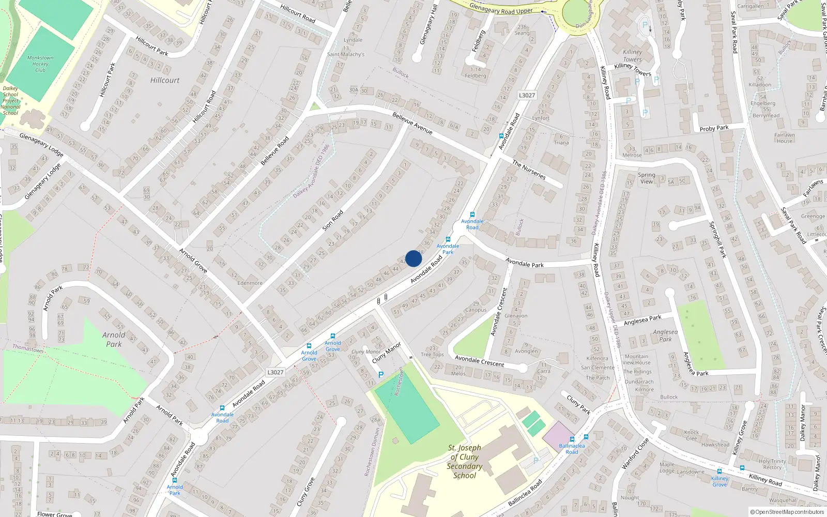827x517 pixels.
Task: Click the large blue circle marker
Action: pos(413,258)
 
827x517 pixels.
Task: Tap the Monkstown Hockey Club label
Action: pos(40,64)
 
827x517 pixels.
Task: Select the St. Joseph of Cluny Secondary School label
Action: pos(464,461)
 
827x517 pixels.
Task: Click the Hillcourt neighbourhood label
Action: pos(165,80)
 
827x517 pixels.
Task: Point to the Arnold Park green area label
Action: pos(114,339)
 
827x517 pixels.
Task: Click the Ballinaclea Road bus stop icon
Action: pos(572,438)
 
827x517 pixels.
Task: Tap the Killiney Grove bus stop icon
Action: pos(719,471)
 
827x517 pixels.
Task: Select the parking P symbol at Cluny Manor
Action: pos(381,375)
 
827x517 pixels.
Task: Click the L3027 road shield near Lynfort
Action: pos(527,95)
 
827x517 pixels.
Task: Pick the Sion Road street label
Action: pos(333,220)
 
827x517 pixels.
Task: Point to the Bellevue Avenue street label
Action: pos(412,123)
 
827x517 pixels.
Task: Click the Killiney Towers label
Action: pos(632,56)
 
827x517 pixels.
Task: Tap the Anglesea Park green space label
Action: pos(665,336)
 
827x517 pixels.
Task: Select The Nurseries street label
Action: pos(528,170)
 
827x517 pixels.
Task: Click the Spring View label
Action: pos(646,178)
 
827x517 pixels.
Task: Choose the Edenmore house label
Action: pos(250,283)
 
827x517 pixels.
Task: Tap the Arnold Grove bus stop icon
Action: pos(309,346)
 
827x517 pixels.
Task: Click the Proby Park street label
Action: pos(714,128)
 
